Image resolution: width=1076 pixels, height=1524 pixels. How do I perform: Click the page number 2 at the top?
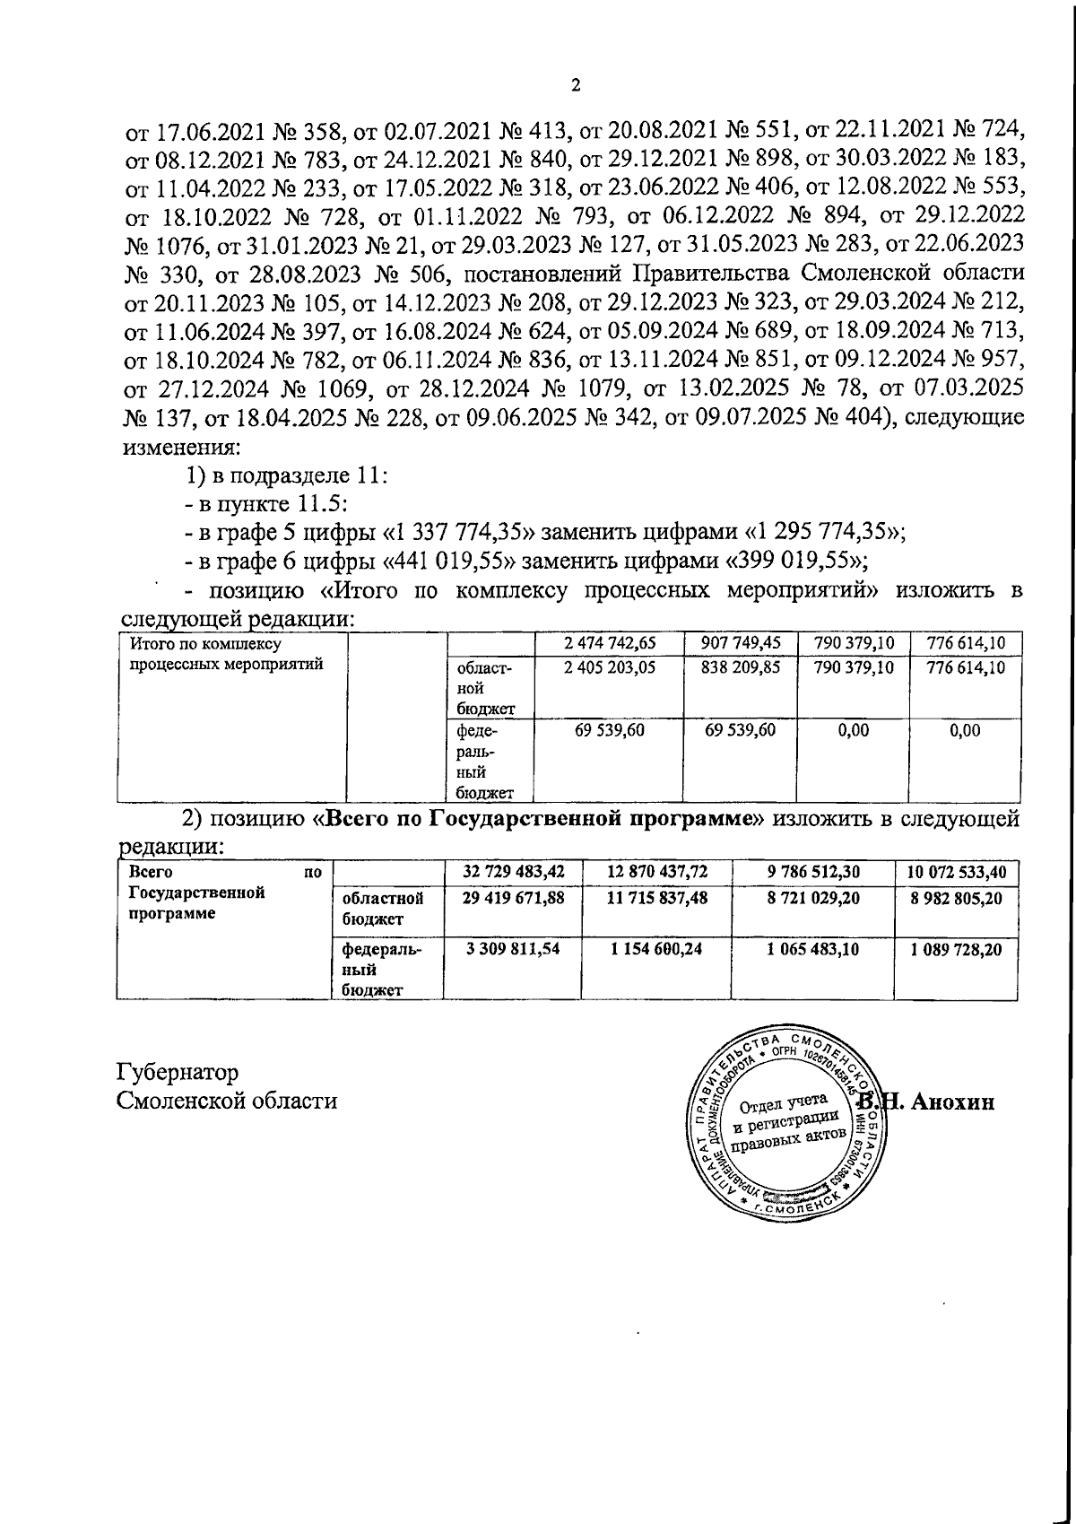coord(576,86)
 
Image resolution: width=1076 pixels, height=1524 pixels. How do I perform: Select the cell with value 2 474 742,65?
coord(611,643)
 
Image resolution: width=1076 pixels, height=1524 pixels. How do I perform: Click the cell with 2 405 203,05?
coord(611,668)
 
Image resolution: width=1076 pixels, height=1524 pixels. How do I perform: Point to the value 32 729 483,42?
coord(514,871)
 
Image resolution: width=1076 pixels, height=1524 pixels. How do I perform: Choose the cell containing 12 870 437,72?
coord(657,871)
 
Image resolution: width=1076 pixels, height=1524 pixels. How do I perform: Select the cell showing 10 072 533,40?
coord(956,871)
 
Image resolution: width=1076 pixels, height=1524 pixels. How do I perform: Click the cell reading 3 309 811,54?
coord(514,948)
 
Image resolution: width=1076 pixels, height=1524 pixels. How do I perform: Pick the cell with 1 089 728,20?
coord(956,948)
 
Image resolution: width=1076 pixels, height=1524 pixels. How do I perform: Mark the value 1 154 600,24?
coord(657,948)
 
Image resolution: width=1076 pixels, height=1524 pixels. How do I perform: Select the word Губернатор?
coord(178,1073)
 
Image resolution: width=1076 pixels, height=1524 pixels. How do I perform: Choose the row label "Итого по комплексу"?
coord(206,644)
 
